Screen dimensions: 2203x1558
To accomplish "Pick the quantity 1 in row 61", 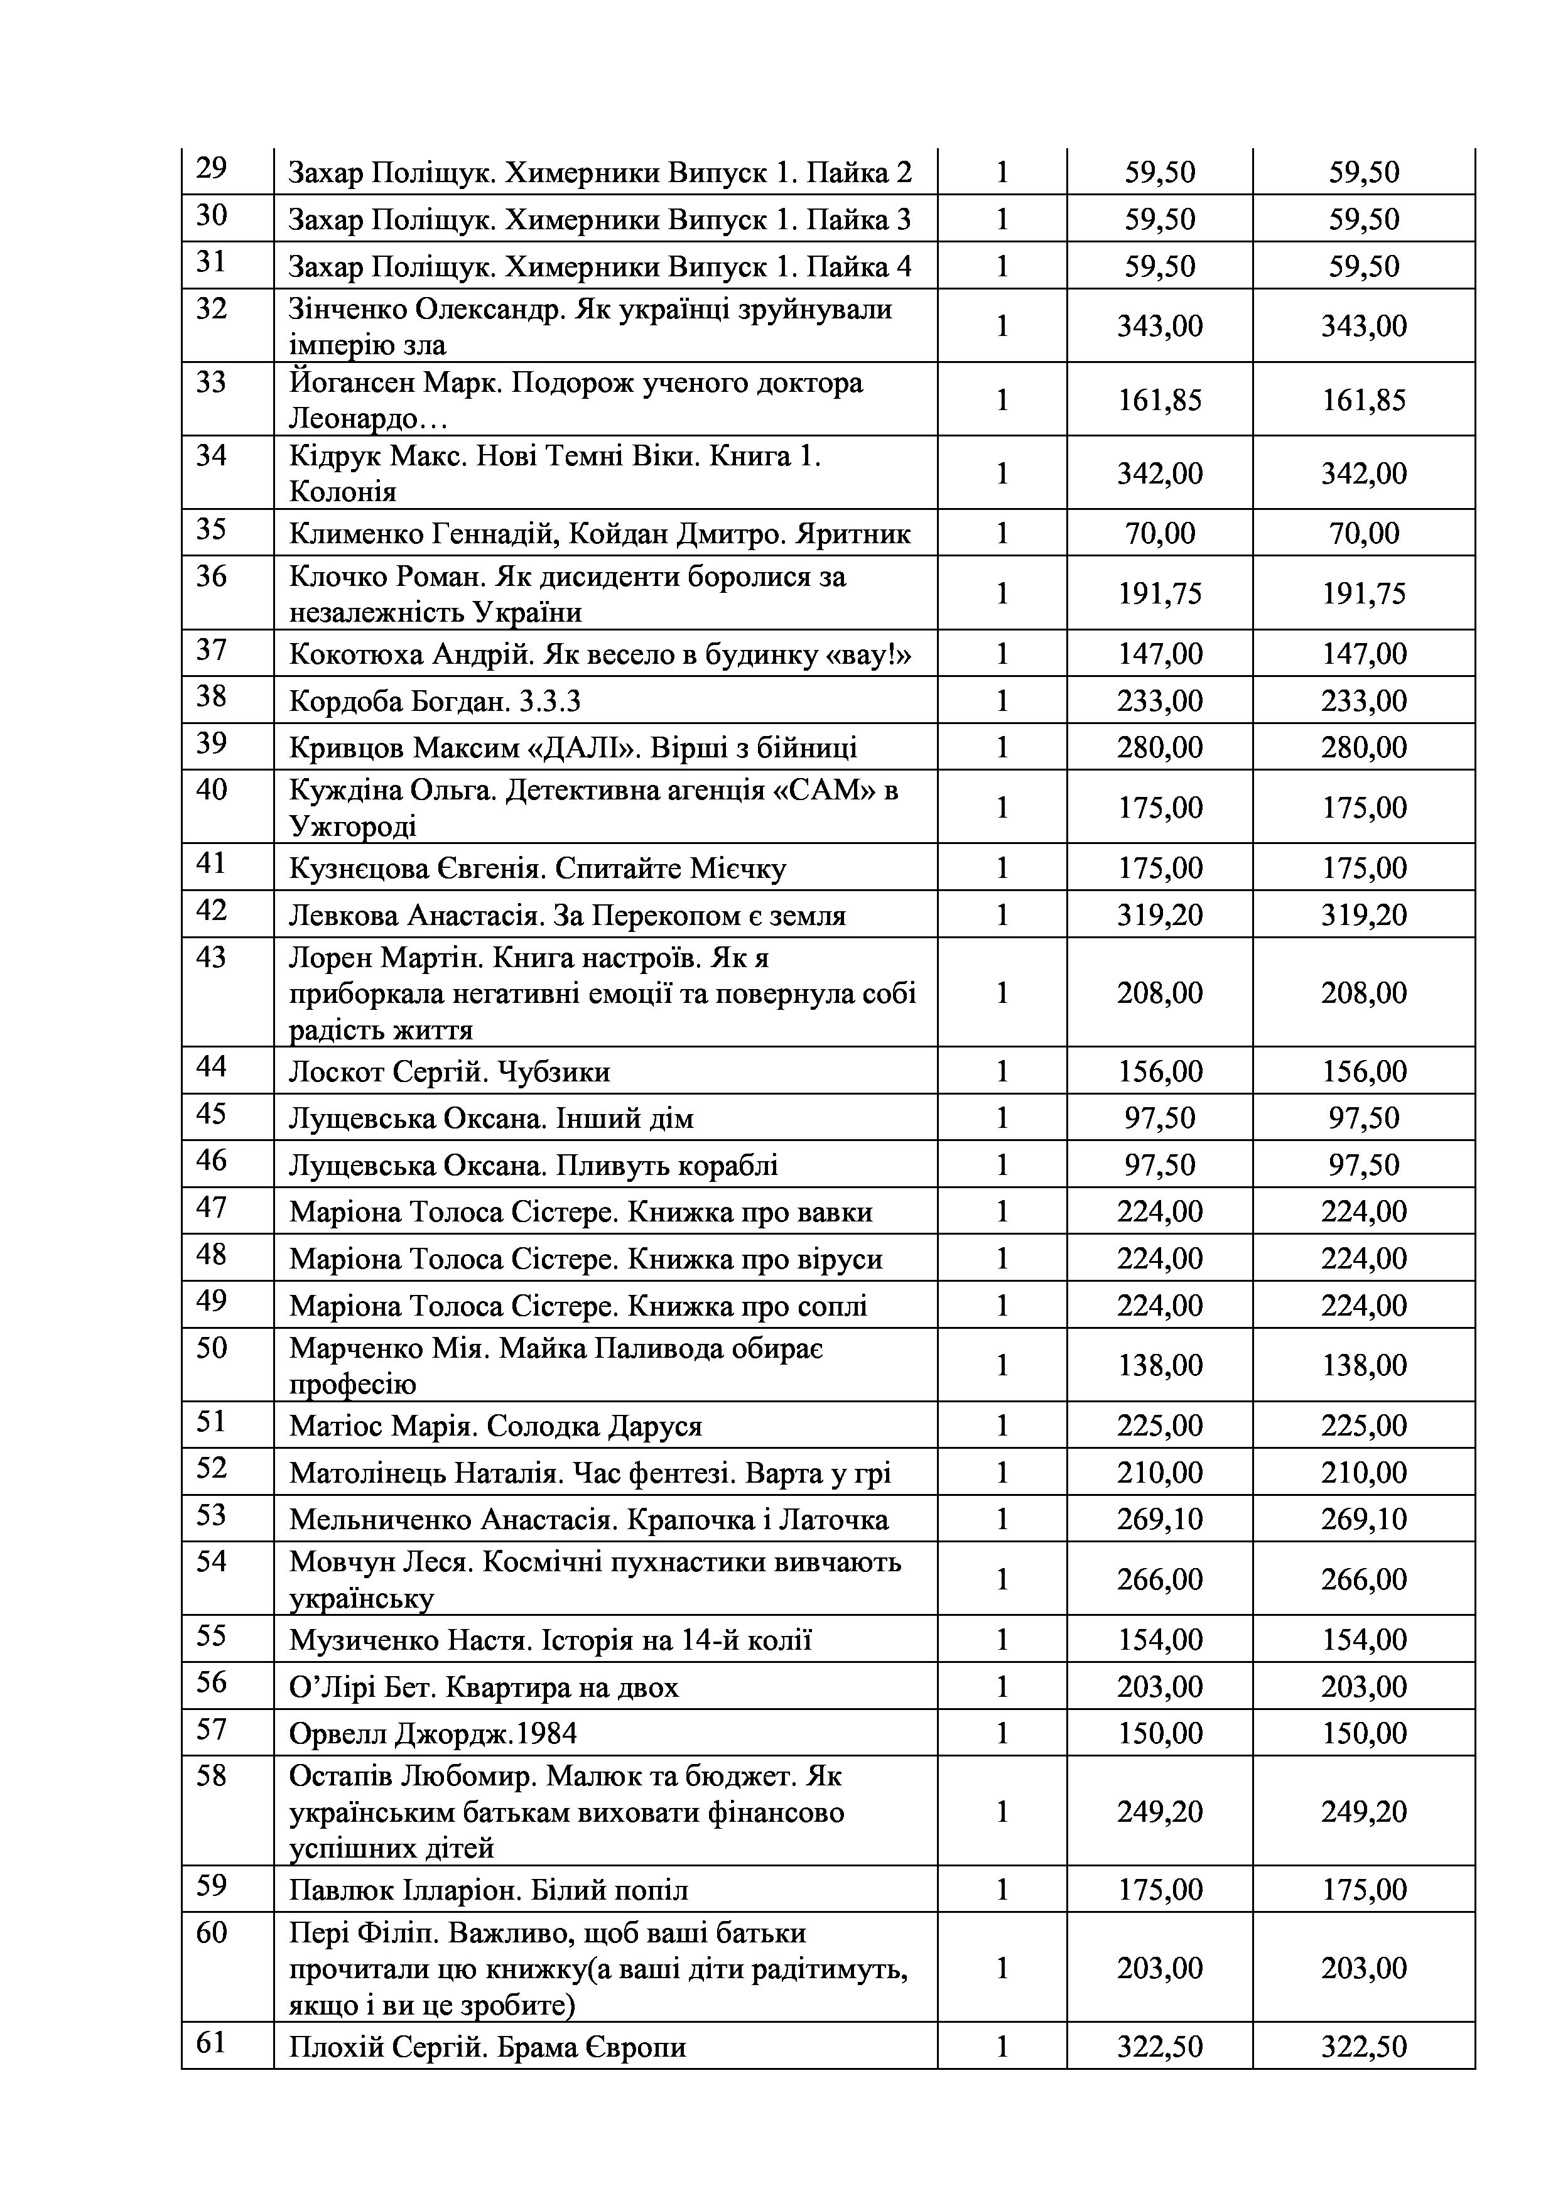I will (x=1002, y=2047).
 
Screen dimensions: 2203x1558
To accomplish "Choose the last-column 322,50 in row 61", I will (x=1363, y=2047).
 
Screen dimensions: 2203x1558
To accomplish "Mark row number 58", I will (x=211, y=1776).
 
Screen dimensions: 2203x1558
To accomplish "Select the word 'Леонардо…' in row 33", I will (x=355, y=419).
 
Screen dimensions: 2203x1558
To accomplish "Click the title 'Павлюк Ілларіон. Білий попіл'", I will (x=489, y=1891).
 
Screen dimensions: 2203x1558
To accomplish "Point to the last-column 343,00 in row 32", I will (x=1363, y=326).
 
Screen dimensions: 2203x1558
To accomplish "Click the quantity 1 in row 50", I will (x=1002, y=1365).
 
